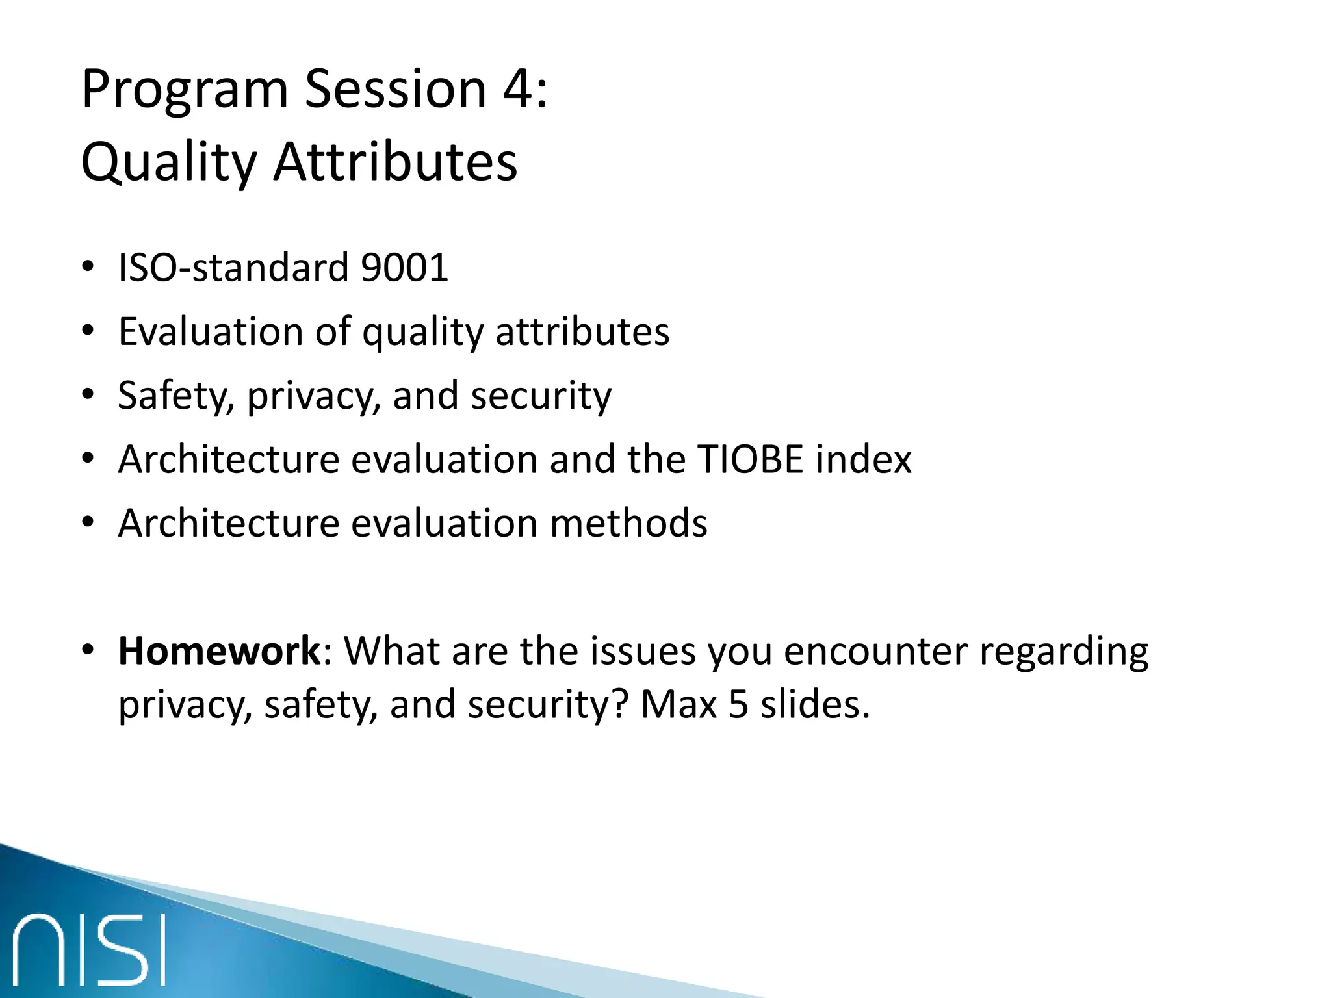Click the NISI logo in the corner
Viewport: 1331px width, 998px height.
(x=90, y=949)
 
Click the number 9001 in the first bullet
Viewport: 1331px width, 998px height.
(x=404, y=268)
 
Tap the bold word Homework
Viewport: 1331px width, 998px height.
(x=219, y=651)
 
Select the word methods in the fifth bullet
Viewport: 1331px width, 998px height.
(x=628, y=524)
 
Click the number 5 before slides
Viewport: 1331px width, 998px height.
(x=738, y=704)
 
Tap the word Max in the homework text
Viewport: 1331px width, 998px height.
(x=678, y=704)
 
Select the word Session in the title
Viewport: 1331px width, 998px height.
(x=396, y=89)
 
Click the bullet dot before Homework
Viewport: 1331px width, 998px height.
(x=88, y=650)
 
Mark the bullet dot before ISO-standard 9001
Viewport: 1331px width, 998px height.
(x=88, y=267)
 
